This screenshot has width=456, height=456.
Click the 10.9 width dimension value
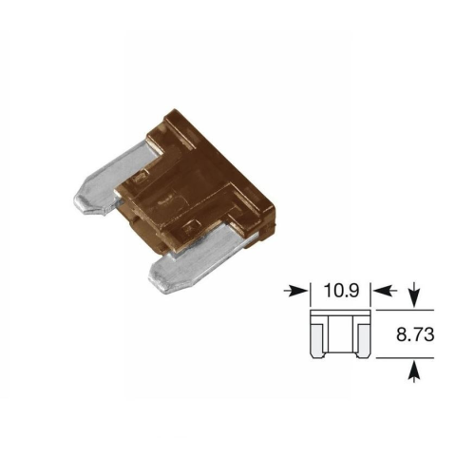point(341,291)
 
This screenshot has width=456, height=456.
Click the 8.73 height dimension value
point(415,334)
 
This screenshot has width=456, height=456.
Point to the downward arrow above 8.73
point(414,296)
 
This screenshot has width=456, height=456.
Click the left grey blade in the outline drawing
point(317,339)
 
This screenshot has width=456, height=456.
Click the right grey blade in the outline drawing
point(364,339)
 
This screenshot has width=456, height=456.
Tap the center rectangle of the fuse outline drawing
point(340,333)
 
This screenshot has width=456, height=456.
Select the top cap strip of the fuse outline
point(340,313)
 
